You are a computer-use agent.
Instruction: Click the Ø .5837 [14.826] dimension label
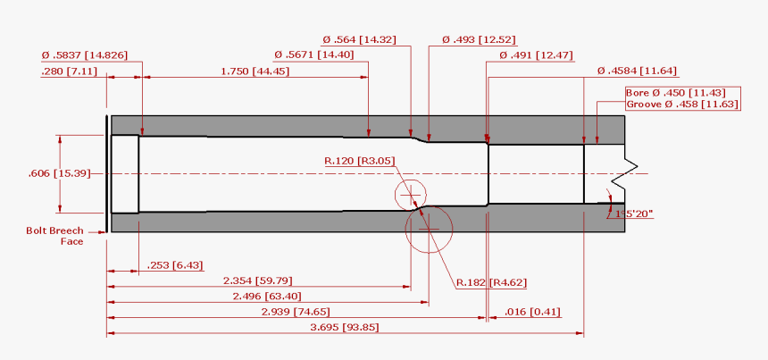(85, 55)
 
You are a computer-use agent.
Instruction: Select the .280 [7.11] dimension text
(69, 71)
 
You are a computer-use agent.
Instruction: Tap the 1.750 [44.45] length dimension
(255, 71)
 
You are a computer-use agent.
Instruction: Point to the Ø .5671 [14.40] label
(314, 55)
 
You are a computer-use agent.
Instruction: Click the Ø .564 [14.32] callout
(359, 40)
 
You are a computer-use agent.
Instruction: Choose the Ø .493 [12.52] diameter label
(480, 40)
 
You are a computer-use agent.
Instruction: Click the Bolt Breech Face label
(54, 236)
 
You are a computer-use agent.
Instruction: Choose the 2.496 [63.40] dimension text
(267, 297)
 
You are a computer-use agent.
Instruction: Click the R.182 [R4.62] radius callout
(491, 282)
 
